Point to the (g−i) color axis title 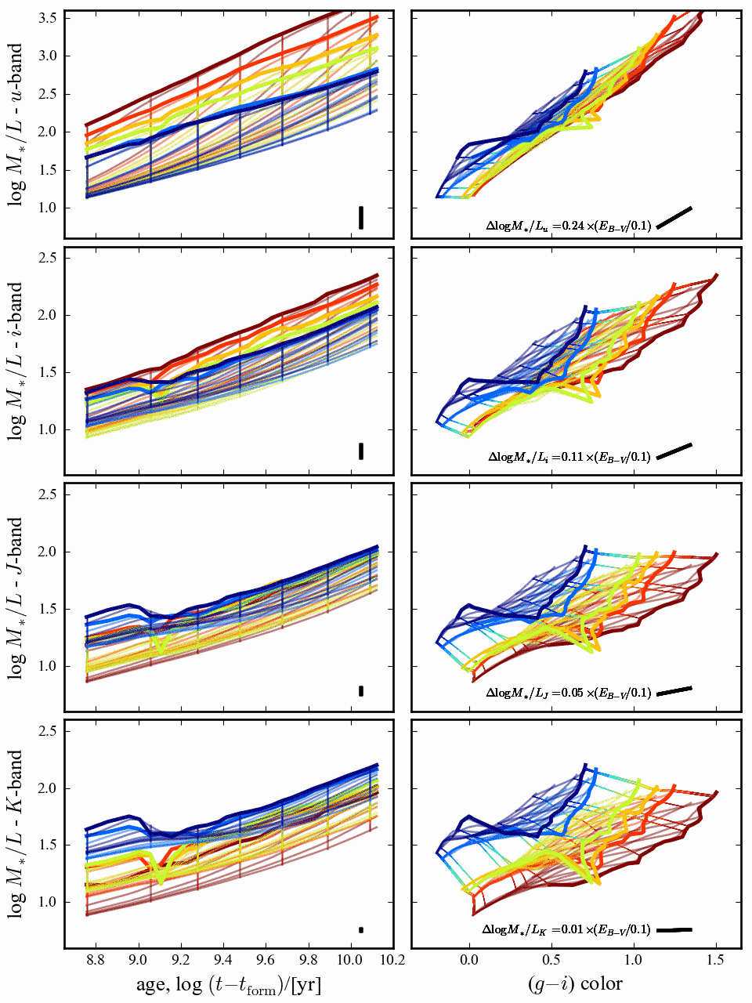click(x=576, y=984)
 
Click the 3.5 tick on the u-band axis click(x=49, y=18)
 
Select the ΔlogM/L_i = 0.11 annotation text click(x=569, y=456)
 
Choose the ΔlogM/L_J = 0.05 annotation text click(x=569, y=693)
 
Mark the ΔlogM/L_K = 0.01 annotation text click(x=566, y=930)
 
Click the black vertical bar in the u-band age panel click(x=361, y=217)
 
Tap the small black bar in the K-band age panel click(x=361, y=930)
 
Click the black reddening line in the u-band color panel click(x=674, y=218)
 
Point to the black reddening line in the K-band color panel click(x=674, y=930)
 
